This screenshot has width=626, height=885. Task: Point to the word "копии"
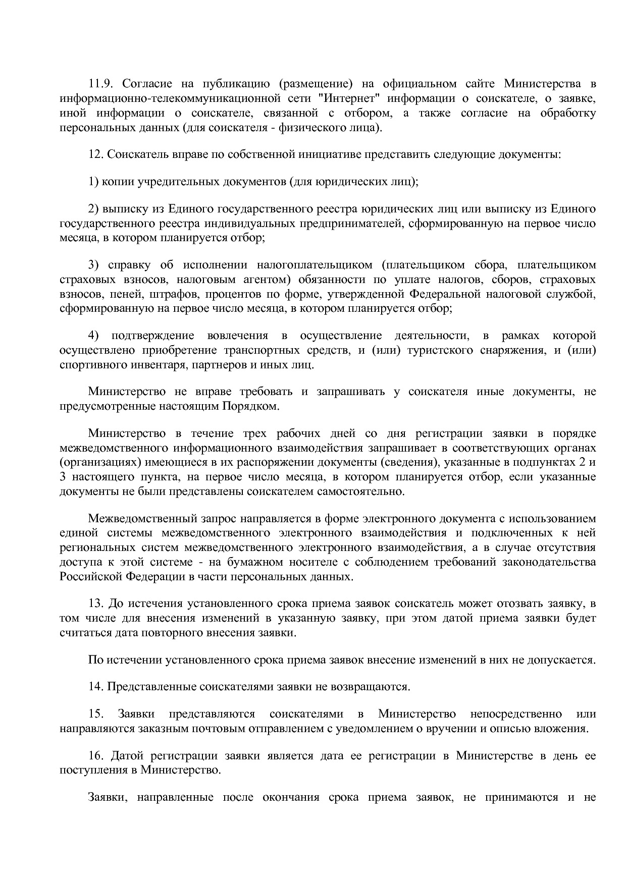coord(118,182)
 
